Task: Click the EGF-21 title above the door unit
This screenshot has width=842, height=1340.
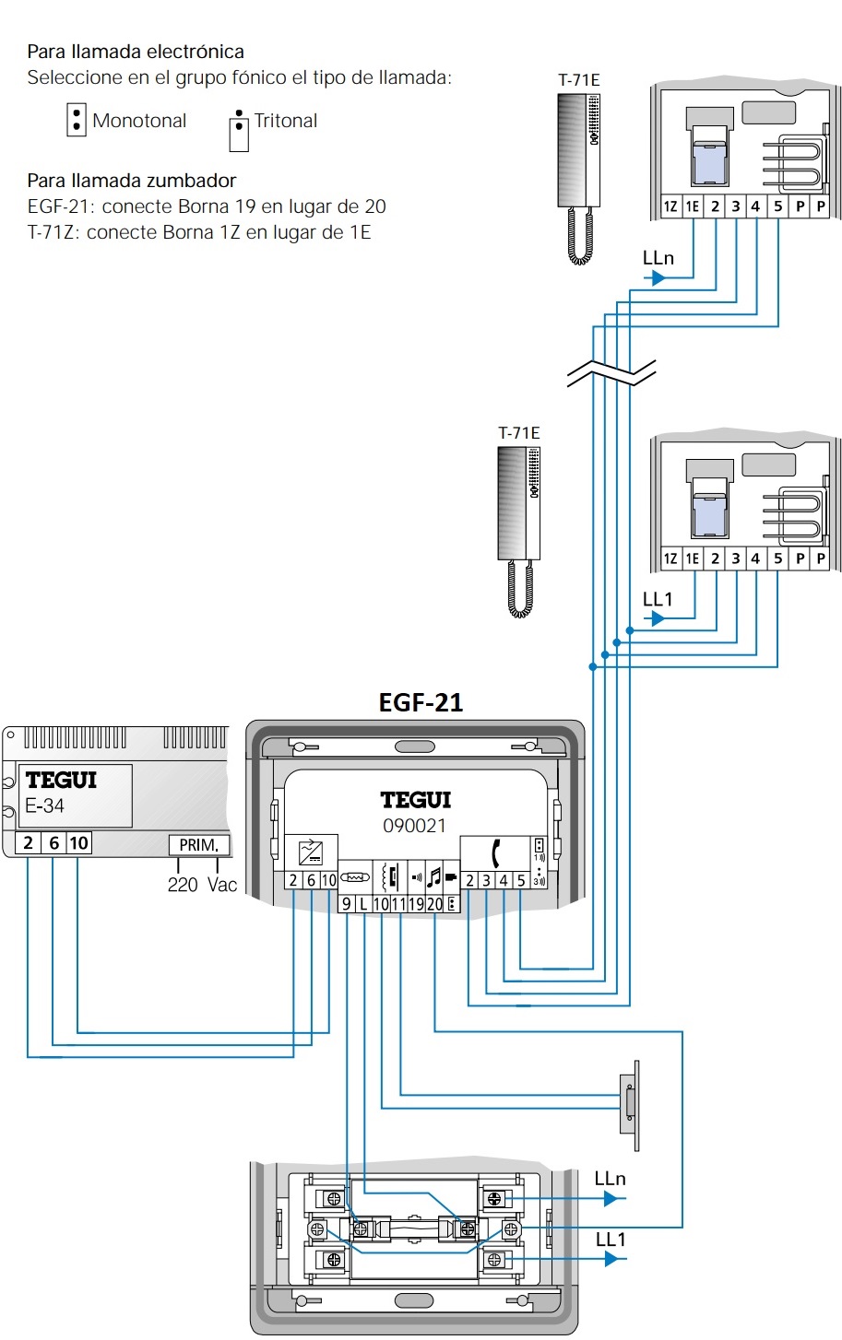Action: (421, 702)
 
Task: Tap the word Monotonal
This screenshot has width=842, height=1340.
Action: (139, 121)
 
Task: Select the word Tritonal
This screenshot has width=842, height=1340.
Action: (286, 121)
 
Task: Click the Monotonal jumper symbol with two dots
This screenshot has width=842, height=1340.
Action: (76, 120)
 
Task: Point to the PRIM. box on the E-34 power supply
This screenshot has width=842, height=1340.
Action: (198, 845)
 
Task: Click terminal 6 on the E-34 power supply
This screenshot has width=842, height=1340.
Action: (53, 843)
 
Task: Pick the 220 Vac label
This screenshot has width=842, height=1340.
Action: (202, 885)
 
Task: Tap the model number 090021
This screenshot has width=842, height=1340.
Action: (414, 826)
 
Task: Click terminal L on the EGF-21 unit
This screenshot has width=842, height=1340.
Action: (363, 904)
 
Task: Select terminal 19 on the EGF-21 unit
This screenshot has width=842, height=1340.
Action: (416, 904)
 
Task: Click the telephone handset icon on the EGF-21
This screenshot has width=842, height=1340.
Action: (495, 853)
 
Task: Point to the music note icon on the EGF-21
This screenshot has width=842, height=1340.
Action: (433, 877)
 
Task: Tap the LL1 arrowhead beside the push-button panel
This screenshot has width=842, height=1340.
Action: (611, 1259)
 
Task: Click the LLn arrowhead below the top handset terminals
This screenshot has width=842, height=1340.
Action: (658, 278)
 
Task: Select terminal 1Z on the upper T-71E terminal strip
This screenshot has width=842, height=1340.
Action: (670, 206)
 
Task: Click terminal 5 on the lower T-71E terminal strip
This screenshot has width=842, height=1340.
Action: (778, 558)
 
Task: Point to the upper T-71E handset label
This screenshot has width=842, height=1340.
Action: (578, 80)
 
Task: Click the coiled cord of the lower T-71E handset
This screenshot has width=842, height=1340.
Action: (520, 589)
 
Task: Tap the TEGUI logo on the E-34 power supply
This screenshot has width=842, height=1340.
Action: (61, 780)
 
